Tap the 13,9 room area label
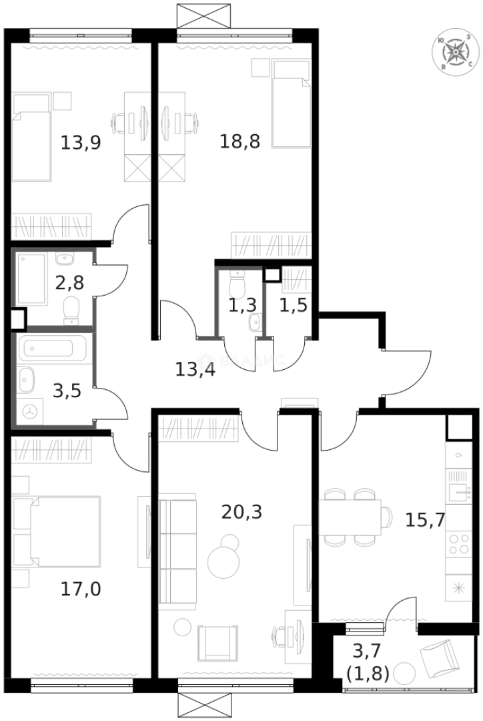81,142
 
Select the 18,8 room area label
240,141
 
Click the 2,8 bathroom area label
69,282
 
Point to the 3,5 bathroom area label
67,391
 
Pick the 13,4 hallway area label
195,369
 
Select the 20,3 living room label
241,512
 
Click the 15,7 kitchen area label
425,519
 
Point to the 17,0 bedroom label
81,589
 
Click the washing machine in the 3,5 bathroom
30,411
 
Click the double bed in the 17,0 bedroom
57,531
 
